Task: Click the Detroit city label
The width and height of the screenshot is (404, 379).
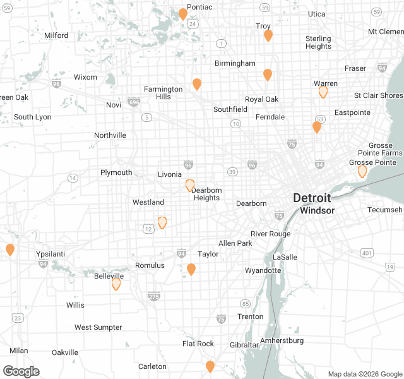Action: pyautogui.click(x=311, y=198)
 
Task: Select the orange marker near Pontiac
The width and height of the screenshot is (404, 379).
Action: pyautogui.click(x=182, y=14)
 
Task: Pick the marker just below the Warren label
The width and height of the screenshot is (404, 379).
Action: pyautogui.click(x=323, y=92)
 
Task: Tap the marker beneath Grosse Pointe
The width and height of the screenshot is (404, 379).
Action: pyautogui.click(x=362, y=171)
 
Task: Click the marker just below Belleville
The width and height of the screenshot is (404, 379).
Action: pyautogui.click(x=116, y=284)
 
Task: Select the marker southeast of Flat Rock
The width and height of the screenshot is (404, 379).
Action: pyautogui.click(x=210, y=366)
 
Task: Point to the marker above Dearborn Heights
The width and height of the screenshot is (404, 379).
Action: pyautogui.click(x=190, y=185)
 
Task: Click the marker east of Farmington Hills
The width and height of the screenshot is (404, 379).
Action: pyautogui.click(x=197, y=84)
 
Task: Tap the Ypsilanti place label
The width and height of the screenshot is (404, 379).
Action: pyautogui.click(x=51, y=253)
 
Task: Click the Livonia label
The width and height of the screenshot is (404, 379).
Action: pyautogui.click(x=170, y=174)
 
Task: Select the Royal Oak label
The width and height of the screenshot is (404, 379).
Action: pyautogui.click(x=261, y=99)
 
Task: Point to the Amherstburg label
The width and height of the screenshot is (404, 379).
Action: pyautogui.click(x=282, y=340)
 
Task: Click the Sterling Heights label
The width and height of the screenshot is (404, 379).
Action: pyautogui.click(x=318, y=42)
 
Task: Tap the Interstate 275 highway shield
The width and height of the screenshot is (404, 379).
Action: pyautogui.click(x=154, y=296)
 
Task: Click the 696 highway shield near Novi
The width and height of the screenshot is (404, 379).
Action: pyautogui.click(x=133, y=102)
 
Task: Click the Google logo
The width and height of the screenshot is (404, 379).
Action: pyautogui.click(x=21, y=371)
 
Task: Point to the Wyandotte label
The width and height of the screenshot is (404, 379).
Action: pyautogui.click(x=263, y=270)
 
